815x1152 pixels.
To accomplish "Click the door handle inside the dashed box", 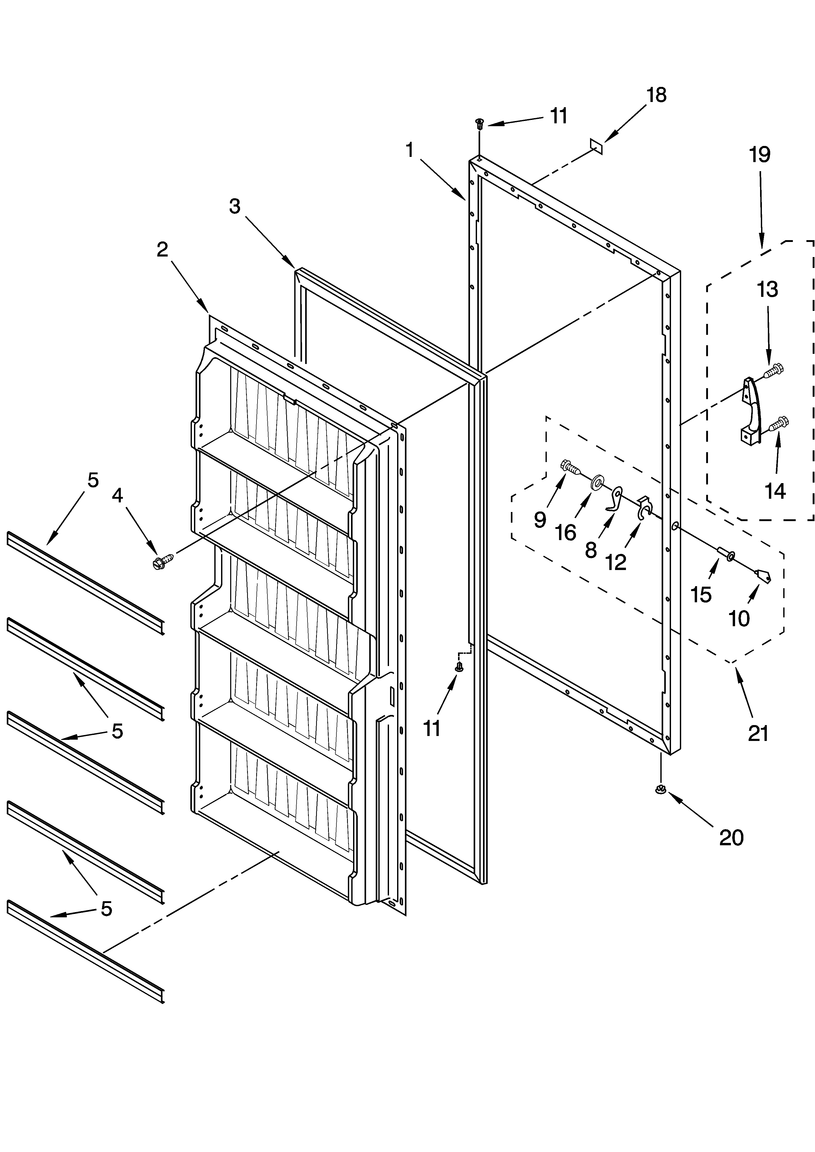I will click(x=751, y=411).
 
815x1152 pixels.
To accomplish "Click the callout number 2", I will click(x=162, y=249).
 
